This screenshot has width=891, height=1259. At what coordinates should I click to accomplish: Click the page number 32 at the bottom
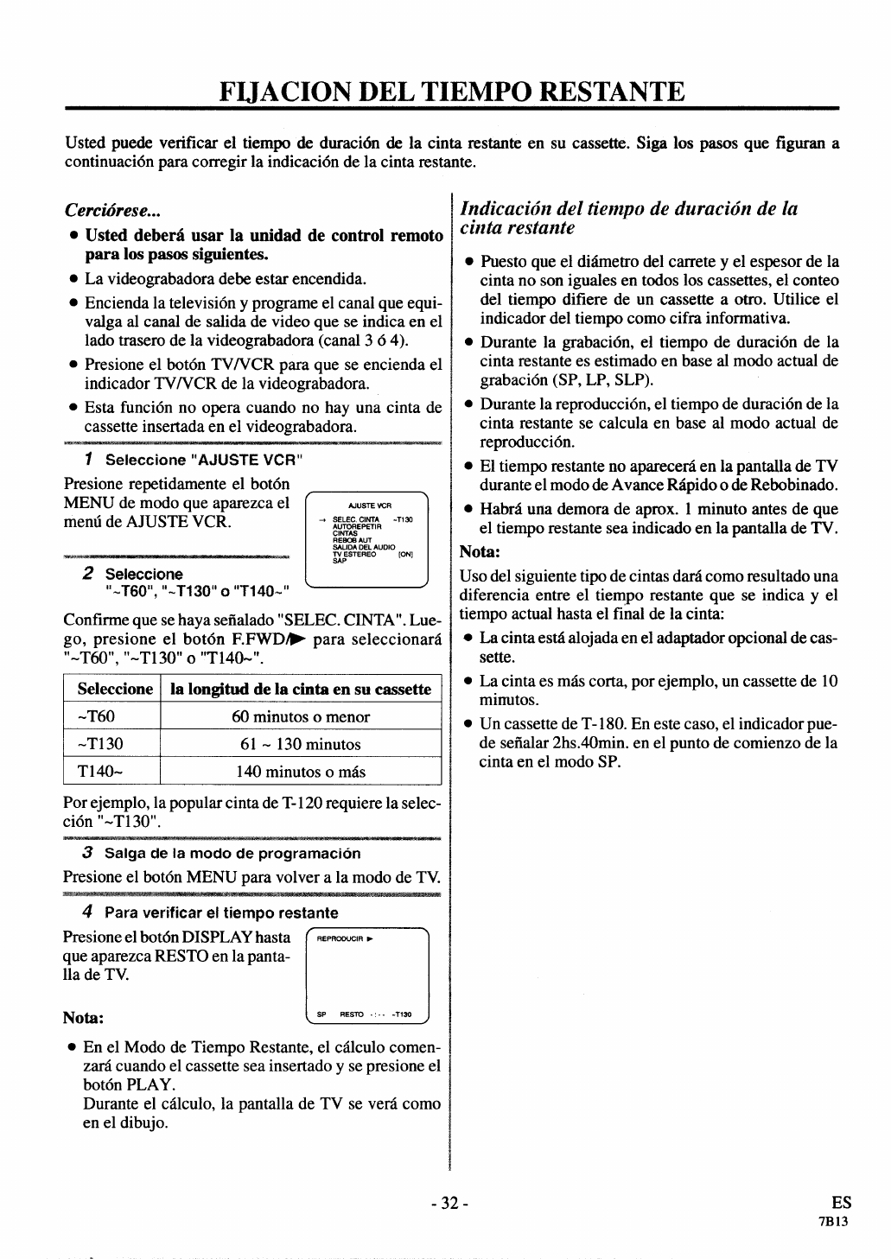click(449, 1203)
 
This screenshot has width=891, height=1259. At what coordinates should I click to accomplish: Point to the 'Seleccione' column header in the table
click(114, 689)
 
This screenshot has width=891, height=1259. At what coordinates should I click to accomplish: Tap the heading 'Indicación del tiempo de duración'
click(629, 218)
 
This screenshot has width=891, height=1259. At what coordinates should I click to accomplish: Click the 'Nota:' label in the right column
click(480, 551)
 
